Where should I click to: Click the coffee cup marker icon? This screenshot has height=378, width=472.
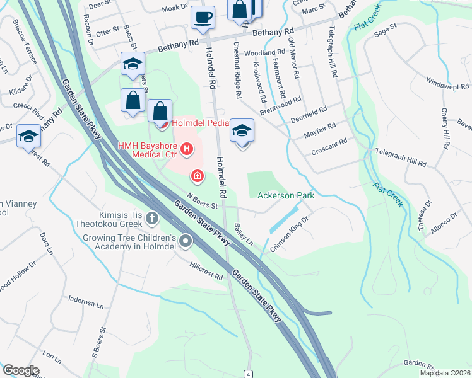(203, 17)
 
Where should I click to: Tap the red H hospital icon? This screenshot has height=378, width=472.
(187, 149)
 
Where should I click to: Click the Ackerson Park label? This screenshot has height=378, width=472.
(286, 196)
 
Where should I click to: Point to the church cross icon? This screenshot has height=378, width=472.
(151, 219)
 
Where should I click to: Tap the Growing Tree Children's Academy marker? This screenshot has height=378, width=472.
(186, 241)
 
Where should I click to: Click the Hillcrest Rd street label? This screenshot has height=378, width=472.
(206, 271)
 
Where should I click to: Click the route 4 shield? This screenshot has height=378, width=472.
(250, 374)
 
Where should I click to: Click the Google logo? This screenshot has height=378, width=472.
(21, 370)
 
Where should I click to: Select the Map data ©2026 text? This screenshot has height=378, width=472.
(445, 374)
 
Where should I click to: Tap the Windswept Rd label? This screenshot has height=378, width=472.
(444, 84)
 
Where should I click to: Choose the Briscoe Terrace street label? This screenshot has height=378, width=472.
(23, 42)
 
